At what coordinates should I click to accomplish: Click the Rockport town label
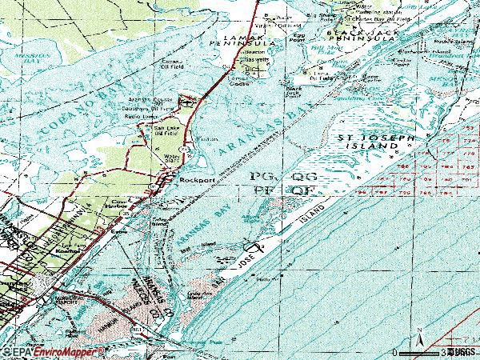pyautogui.click(x=194, y=181)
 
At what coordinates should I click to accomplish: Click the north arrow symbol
pyautogui.click(x=418, y=338)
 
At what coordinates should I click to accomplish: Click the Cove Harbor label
pyautogui.click(x=120, y=205)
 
